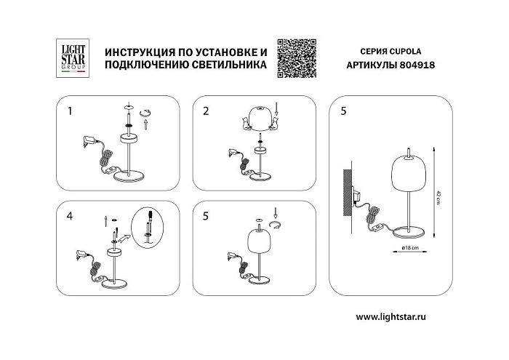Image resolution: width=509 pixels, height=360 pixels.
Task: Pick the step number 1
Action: pos(69,111)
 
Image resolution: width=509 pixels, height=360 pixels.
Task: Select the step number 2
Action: pos(206,111)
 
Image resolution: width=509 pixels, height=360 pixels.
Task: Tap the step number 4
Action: pos(69,216)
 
